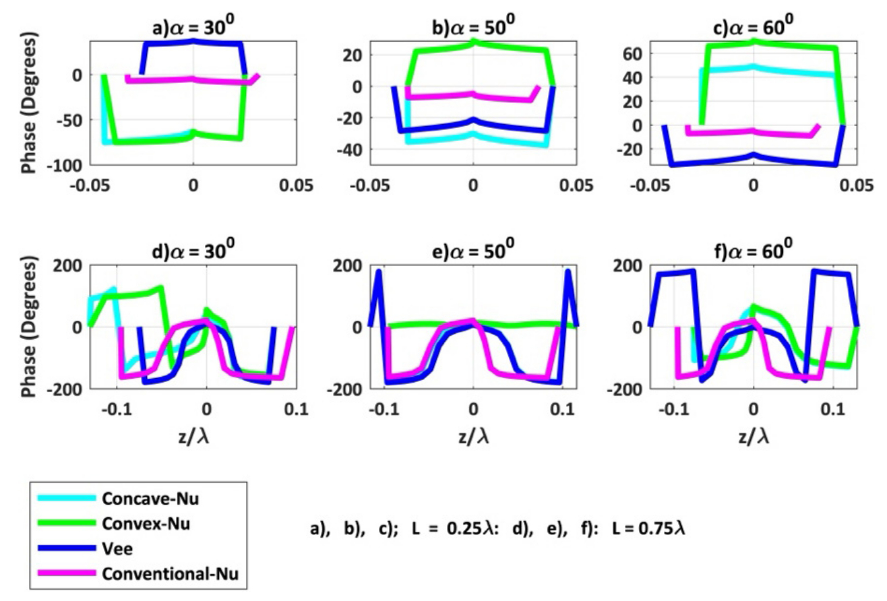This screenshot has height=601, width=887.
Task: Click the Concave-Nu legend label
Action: (x=150, y=499)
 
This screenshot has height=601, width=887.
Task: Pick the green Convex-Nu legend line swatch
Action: (x=66, y=523)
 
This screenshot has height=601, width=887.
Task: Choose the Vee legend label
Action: (x=117, y=549)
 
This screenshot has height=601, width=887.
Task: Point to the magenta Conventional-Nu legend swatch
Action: (x=66, y=573)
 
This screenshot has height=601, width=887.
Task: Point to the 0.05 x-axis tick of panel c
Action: (x=856, y=185)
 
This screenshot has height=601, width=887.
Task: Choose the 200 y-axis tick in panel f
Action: (x=627, y=266)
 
